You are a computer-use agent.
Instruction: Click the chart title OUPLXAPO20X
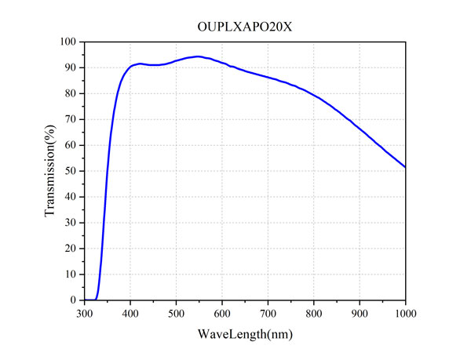point(245,26)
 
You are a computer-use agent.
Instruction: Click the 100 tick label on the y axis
point(69,42)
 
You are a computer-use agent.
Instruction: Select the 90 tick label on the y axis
point(71,67)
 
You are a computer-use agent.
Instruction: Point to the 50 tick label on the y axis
point(71,171)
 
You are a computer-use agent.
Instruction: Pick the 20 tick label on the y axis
point(71,249)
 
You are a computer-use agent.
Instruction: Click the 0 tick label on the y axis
point(74,300)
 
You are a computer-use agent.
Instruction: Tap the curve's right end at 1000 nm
point(405,167)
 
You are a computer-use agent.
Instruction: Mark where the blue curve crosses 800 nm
point(314,96)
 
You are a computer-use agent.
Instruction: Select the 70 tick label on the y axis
point(71,119)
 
